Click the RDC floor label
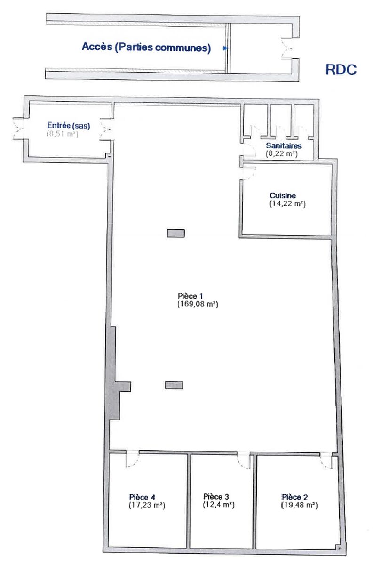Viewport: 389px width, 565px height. (x=341, y=69)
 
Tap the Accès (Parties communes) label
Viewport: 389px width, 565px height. (x=146, y=47)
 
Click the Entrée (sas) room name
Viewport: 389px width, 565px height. (x=69, y=126)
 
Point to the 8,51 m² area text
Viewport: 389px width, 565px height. (x=63, y=134)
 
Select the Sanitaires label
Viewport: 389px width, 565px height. (x=284, y=145)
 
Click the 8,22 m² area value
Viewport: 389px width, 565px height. (x=282, y=153)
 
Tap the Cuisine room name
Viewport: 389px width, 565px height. (x=283, y=195)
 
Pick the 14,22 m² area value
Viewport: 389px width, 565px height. (x=287, y=203)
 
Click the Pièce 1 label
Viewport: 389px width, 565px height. (x=190, y=296)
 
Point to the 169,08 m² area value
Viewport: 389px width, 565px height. (x=198, y=304)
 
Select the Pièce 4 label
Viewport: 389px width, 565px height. (x=142, y=497)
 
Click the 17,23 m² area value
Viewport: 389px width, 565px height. (x=147, y=505)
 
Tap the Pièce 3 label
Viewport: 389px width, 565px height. (x=216, y=497)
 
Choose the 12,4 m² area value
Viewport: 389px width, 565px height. (x=219, y=505)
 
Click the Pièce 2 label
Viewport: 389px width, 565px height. (x=295, y=497)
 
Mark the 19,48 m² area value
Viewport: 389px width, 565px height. (x=300, y=505)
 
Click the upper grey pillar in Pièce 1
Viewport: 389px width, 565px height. (x=176, y=234)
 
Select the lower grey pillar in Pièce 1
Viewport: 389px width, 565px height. (x=174, y=385)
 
